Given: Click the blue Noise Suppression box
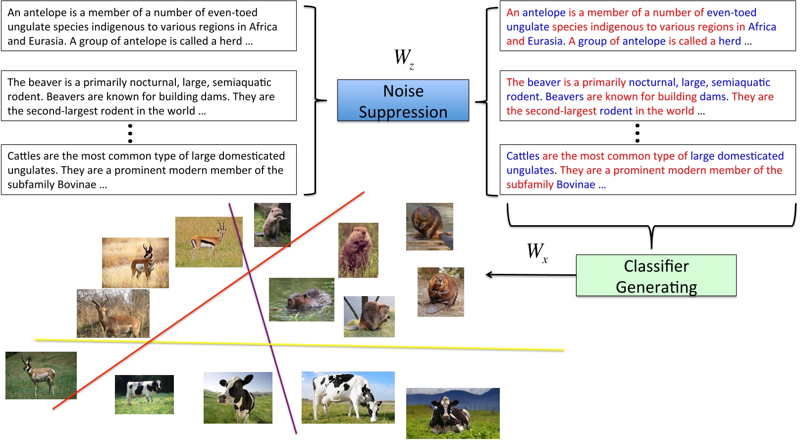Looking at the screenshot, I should point(403,101).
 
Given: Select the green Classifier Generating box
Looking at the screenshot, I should point(656,276).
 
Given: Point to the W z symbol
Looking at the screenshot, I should point(404,58).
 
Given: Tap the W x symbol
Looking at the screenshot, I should point(537,252).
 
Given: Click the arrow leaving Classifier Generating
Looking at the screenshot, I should point(530,274).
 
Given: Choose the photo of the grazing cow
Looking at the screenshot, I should point(348,397).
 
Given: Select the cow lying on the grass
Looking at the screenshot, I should point(452,413).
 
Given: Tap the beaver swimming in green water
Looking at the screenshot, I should point(301,299).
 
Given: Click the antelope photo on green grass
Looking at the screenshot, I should point(41,375).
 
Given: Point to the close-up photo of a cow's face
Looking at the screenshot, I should point(238,397).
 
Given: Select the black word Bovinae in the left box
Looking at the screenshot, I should point(76,185).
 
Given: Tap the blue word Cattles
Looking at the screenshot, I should point(523,156).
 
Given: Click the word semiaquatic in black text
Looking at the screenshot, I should point(240,82).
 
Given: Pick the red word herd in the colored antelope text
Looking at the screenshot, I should point(730,41).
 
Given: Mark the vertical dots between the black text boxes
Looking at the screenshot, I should point(130,133).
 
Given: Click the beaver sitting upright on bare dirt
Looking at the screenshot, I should point(440,292).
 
